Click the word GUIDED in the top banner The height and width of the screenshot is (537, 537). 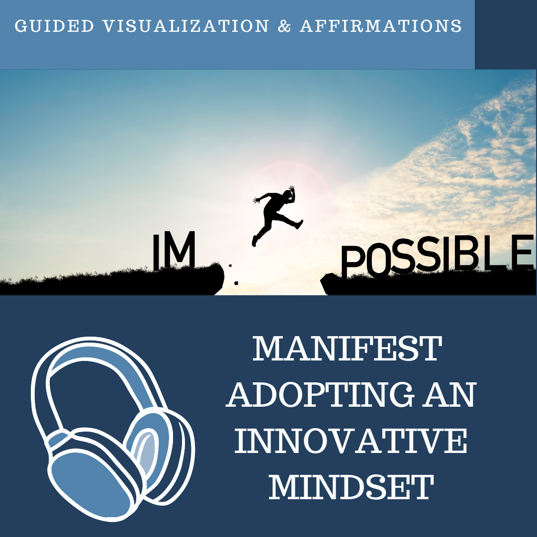[x=44, y=26]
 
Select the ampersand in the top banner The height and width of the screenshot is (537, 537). [x=285, y=26]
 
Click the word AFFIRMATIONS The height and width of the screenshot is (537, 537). [x=381, y=26]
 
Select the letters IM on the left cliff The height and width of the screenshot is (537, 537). [x=174, y=253]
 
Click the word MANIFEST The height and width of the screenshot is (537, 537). [x=347, y=349]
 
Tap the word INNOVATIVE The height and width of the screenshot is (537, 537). [x=351, y=441]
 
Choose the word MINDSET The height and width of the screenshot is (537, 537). [x=351, y=487]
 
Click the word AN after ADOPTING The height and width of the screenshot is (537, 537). [x=448, y=395]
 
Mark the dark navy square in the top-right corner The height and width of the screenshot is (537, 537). [x=506, y=34]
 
